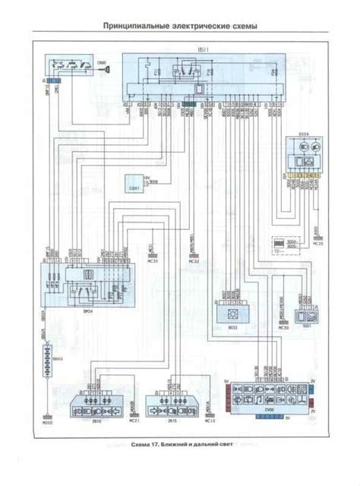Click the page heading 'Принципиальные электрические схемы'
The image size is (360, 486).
(x=180, y=26)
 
